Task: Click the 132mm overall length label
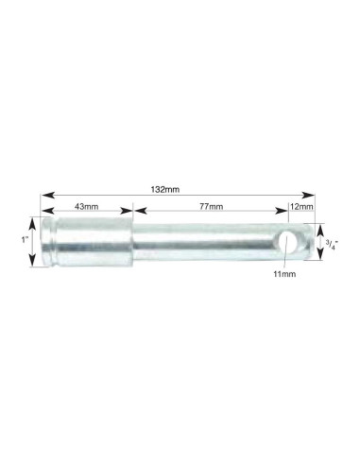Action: (165, 189)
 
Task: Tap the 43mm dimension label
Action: (86, 206)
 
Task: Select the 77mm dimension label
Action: (211, 206)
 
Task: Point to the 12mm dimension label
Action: (301, 207)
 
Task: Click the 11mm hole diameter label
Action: (284, 274)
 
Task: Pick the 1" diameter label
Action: (25, 240)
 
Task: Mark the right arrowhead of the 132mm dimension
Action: (308, 195)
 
